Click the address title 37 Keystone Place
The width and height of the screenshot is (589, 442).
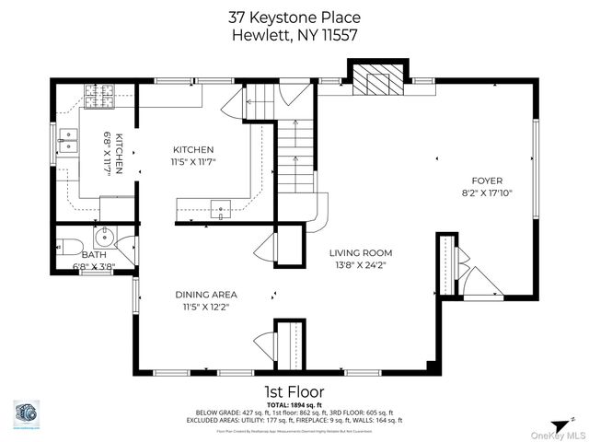coord(294,17)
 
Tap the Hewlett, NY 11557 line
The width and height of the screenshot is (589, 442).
coord(294,34)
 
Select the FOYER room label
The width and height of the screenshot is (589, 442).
coord(487,181)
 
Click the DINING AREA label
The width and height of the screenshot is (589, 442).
coord(206,295)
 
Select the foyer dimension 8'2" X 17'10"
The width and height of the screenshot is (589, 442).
coord(487,194)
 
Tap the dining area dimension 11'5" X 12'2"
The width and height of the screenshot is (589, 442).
coord(206,308)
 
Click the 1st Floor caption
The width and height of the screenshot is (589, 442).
coord(294,390)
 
